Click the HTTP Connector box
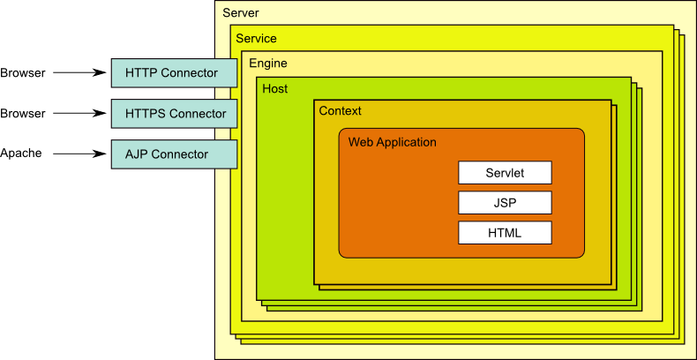(174, 73)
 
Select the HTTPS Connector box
(174, 114)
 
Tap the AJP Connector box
(174, 154)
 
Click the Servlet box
(505, 172)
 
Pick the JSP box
(505, 203)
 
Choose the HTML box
(505, 233)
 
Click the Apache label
(21, 154)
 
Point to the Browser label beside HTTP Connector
(23, 73)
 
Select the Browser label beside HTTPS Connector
(23, 114)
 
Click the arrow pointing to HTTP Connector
(79, 73)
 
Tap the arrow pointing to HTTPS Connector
(79, 114)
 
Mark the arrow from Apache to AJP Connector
(79, 154)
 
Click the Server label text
(241, 13)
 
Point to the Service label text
(256, 39)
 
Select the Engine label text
(267, 64)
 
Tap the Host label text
(275, 89)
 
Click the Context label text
(340, 111)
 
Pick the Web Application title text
(392, 142)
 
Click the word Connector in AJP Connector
(180, 154)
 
